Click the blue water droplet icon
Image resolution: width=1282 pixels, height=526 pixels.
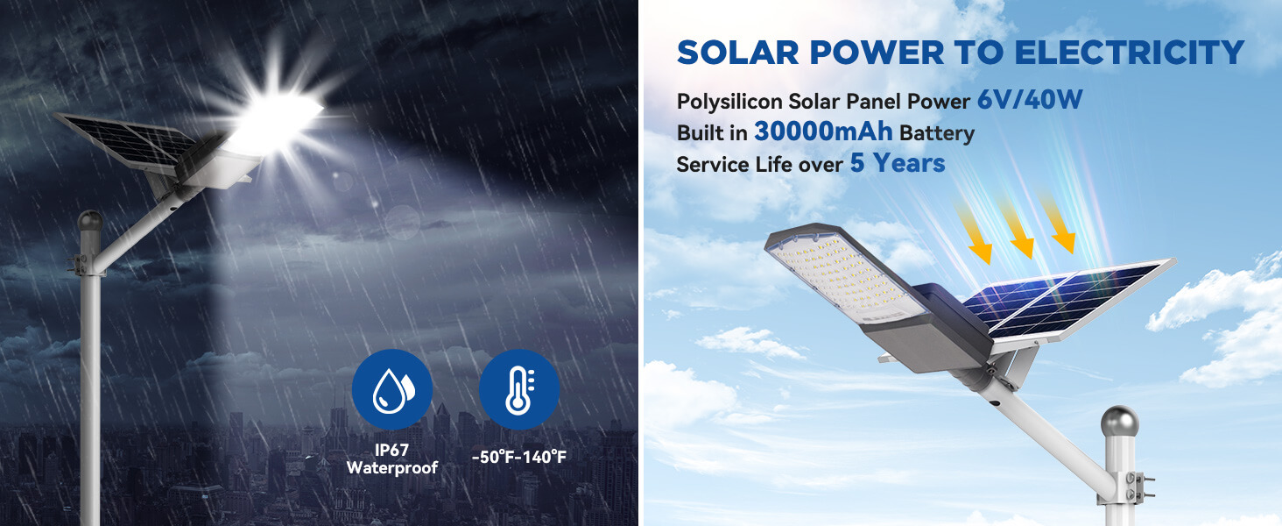point(392,389)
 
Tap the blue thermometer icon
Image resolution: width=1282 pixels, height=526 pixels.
point(518,389)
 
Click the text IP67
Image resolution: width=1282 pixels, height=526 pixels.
point(391,451)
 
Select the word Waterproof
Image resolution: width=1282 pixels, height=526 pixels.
point(392,468)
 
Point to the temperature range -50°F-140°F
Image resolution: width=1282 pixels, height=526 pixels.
point(518,458)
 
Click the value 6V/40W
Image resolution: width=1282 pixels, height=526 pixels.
point(1030,100)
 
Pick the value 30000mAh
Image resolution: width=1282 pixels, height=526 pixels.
point(823,131)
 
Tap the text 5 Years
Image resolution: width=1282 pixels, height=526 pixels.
point(898,163)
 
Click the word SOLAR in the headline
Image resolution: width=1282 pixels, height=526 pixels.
point(737,53)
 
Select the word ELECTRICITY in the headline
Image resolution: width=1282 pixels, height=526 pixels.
point(1129,53)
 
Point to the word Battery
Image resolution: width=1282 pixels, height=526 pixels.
point(937,133)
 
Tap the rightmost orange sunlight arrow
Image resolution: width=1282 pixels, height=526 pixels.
point(1057,224)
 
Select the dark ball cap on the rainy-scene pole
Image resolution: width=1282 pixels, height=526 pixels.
point(90,221)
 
